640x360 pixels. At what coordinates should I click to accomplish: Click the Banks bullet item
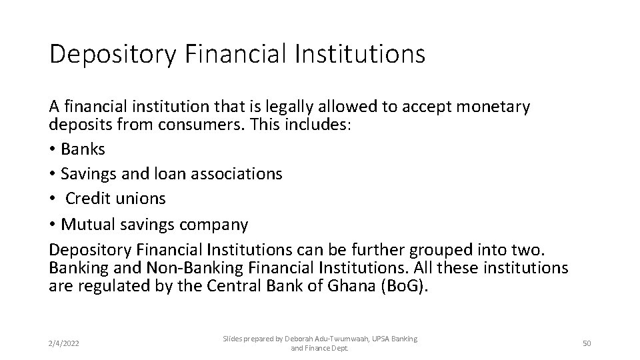[x=83, y=149]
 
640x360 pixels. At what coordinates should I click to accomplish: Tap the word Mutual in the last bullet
[x=89, y=225]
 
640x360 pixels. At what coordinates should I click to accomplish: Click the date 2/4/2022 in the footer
[x=64, y=343]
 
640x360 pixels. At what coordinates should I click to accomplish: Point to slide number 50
[x=587, y=343]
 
